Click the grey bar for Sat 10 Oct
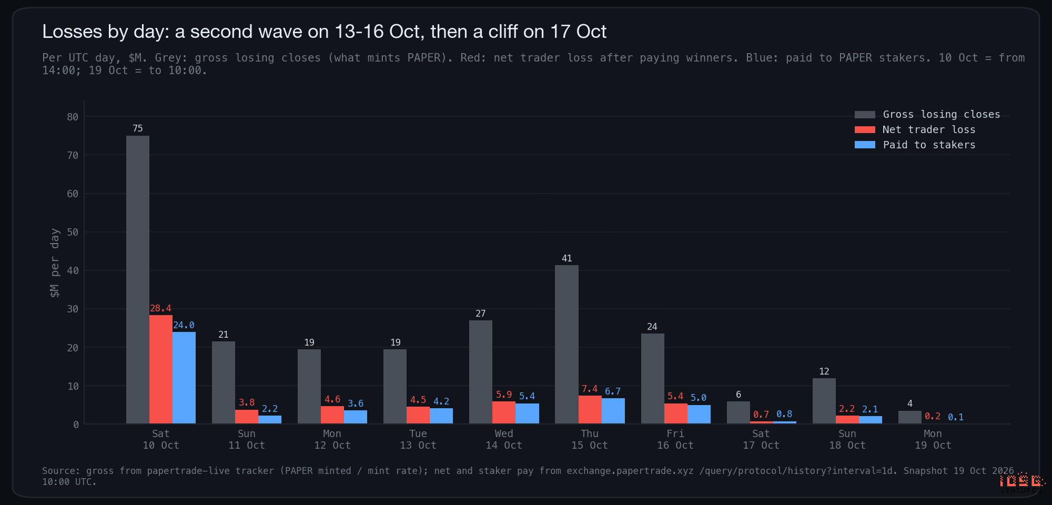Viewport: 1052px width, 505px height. coord(138,279)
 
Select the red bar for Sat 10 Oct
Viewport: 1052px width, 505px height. coord(161,369)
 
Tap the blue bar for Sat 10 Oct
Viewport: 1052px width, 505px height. coord(184,378)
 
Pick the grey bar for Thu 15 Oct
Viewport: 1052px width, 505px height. coord(567,344)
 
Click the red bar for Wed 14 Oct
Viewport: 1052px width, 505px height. coord(504,412)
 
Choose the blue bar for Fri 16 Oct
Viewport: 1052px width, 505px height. coord(699,414)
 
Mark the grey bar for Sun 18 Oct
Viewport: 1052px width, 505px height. coord(824,401)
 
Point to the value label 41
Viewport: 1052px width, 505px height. coord(567,258)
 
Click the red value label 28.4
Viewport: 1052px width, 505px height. coord(160,308)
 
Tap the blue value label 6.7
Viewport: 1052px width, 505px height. coord(613,391)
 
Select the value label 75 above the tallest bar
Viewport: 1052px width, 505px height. coord(138,128)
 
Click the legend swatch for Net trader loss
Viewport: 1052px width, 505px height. coord(865,130)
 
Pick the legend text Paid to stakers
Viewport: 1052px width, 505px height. coord(929,145)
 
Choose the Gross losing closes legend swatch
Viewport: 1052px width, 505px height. coord(865,115)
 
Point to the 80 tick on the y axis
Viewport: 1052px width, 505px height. coord(73,117)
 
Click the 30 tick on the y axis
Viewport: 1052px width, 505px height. coord(73,309)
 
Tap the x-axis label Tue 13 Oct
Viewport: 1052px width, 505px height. coord(418,439)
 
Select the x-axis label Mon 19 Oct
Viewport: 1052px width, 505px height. coord(933,439)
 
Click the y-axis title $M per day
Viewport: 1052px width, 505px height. coord(55,263)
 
